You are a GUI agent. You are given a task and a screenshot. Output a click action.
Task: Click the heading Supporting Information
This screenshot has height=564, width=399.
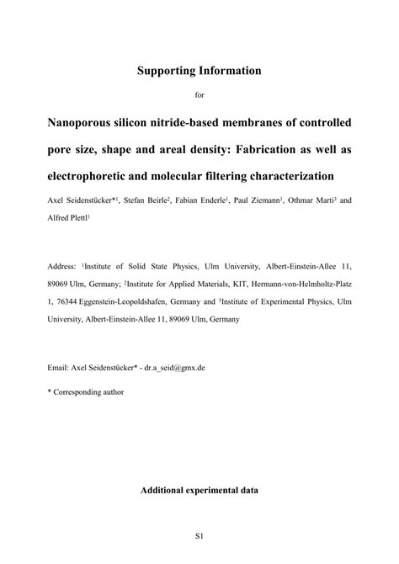pos(199,71)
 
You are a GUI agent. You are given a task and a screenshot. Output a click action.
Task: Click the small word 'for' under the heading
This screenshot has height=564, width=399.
pos(199,94)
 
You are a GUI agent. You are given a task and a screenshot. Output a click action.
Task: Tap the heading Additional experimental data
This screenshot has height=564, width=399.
pos(199,490)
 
